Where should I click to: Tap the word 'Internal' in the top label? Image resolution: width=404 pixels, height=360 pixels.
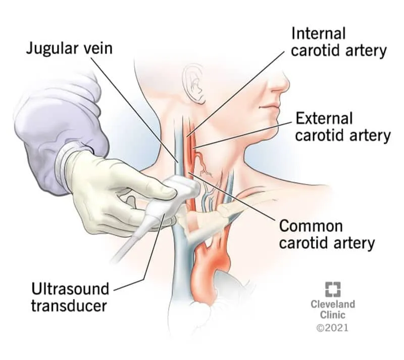319,33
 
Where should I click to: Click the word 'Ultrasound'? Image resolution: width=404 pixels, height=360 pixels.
70,289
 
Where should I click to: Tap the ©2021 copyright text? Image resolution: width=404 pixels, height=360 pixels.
332,328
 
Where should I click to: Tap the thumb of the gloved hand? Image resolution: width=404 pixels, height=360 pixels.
151,187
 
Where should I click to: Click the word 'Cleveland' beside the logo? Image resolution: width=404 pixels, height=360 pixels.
332,304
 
